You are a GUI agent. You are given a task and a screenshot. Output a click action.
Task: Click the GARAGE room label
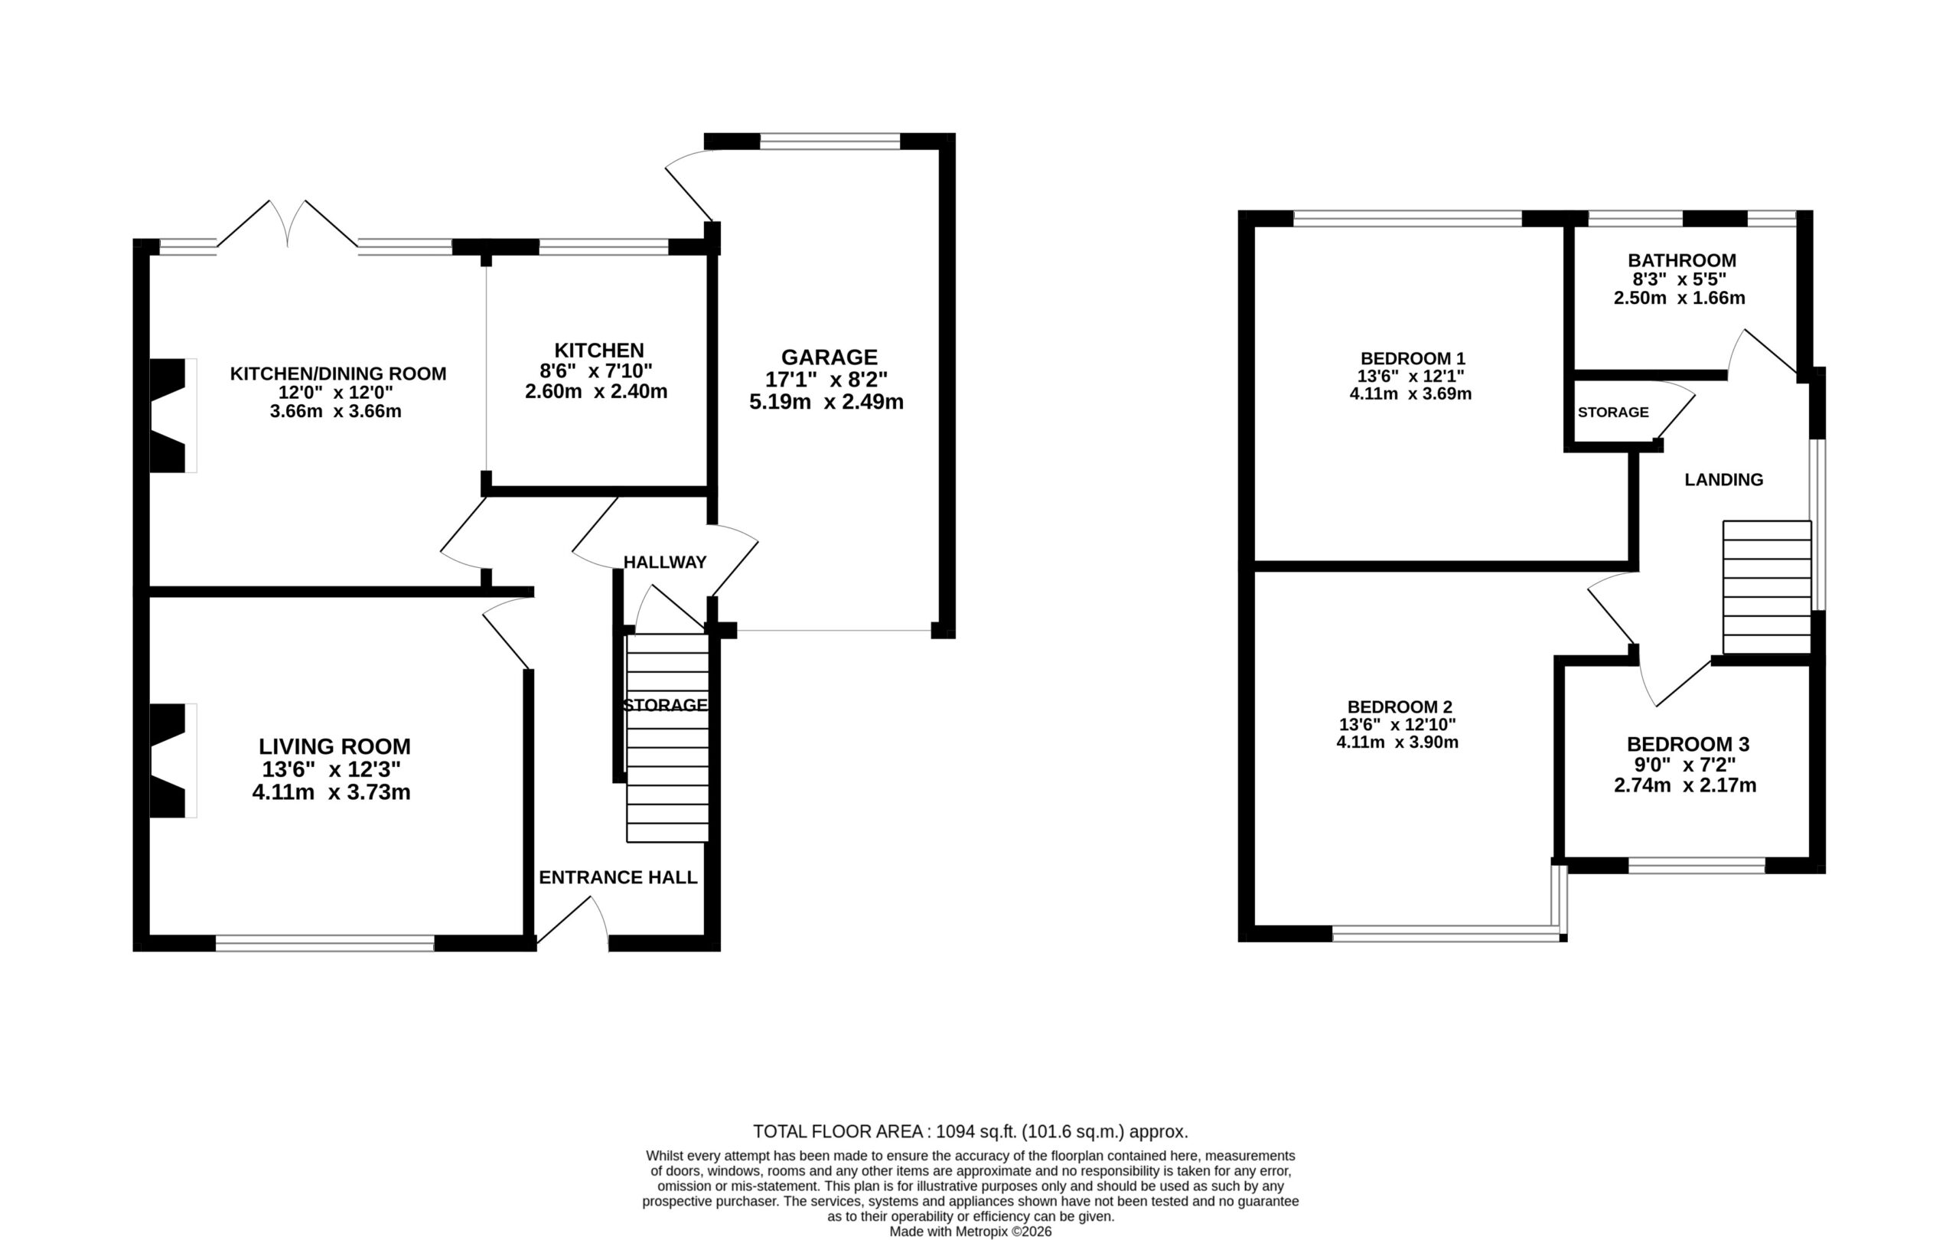pos(829,357)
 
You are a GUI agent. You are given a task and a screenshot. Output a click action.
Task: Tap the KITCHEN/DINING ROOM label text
pos(337,374)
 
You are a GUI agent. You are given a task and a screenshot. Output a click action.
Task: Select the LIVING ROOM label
pos(334,746)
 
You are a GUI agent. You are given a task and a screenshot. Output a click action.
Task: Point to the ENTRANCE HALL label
pos(618,877)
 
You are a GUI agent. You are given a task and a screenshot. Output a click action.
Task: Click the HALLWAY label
pos(665,561)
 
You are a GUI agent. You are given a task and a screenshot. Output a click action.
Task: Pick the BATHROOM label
pos(1681,260)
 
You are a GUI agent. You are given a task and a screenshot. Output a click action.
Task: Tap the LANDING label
pos(1723,480)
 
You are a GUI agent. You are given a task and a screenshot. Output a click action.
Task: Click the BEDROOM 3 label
pos(1687,744)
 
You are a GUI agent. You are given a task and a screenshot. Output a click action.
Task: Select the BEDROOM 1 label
pos(1413,358)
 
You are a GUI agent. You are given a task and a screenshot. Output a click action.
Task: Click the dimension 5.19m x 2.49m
pos(826,401)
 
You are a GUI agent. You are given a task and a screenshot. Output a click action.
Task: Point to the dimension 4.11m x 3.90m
pos(1397,742)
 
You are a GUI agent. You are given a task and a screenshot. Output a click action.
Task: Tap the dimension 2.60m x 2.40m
pos(596,391)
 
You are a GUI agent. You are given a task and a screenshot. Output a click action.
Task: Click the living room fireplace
pos(172,760)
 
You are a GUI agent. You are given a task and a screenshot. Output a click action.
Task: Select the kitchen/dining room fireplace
pos(172,415)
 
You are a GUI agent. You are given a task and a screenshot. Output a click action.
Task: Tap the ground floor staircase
pos(667,737)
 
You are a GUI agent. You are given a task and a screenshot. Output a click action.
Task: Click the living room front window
pos(324,943)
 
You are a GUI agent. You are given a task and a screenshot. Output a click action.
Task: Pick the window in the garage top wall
pos(830,142)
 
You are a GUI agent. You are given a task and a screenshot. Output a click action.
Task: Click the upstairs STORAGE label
pos(1612,412)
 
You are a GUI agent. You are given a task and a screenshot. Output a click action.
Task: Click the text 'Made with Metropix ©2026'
pos(970,1231)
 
